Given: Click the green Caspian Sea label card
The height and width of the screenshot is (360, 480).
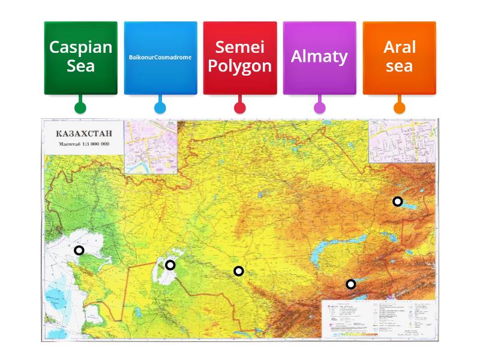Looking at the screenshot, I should pos(80,57).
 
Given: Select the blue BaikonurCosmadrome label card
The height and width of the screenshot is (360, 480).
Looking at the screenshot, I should pos(160,57).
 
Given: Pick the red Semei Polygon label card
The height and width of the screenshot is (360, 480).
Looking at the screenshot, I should pos(239,57).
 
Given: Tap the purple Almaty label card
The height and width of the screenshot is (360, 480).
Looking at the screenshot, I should pos(319,57).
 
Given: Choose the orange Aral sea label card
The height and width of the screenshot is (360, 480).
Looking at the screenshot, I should pos(399,57).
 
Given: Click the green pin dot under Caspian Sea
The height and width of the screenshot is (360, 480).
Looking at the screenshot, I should pos(80,108).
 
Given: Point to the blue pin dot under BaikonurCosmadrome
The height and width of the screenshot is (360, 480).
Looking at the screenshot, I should pos(160,108).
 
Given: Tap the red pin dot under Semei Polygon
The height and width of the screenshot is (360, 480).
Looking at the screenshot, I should pos(239,108).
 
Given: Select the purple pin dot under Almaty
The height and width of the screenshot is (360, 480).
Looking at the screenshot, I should pos(319,108).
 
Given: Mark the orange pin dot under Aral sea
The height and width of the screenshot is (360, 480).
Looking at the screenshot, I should pos(399,108).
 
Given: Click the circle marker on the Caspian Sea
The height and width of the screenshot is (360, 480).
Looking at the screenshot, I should pos(79,250).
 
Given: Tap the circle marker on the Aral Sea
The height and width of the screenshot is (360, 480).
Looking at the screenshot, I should pos(170,265).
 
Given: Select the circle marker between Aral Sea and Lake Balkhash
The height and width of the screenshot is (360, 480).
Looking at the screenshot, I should pos(239,271).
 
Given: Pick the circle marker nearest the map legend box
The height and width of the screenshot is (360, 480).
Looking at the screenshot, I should pos(350,284).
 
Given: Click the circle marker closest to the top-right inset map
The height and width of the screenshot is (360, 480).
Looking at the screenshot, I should pos(397,201).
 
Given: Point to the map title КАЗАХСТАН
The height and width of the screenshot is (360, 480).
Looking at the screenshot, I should pos(85,133).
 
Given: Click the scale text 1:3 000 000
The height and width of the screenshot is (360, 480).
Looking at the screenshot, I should pos(85,145).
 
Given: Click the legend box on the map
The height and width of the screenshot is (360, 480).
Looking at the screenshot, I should pos(378,318).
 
